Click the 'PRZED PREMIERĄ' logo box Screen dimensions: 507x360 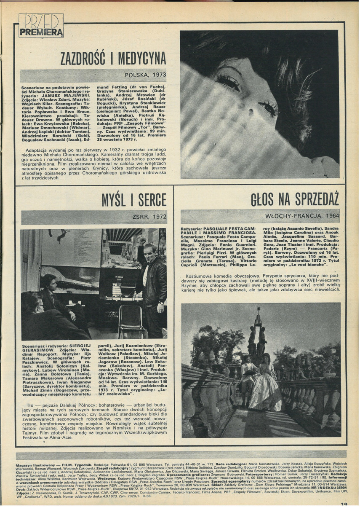pyautogui.click(x=41, y=25)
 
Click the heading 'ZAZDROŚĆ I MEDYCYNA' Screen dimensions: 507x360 pyautogui.click(x=113, y=59)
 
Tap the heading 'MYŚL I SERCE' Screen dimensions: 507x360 pyautogui.click(x=134, y=199)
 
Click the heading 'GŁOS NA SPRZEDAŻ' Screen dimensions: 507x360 pyautogui.click(x=295, y=199)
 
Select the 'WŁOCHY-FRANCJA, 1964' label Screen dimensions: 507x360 pyautogui.click(x=302, y=216)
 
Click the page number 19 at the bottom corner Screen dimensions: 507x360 pyautogui.click(x=344, y=503)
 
